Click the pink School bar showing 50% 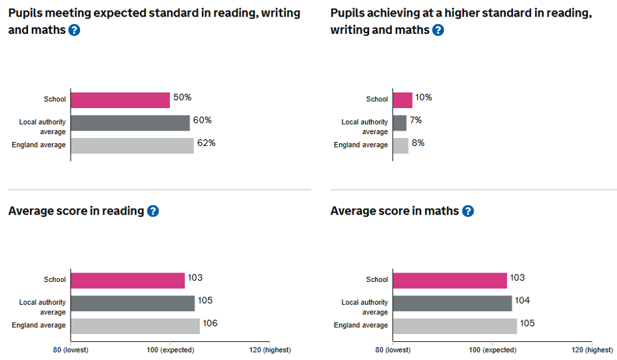coord(120,100)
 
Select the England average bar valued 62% coord(132,145)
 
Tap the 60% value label coord(203,121)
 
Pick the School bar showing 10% coord(402,100)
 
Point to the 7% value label coord(416,121)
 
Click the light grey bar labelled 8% coord(400,145)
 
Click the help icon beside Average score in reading coord(153,211)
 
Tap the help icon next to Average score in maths coord(468,211)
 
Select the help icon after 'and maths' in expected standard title coord(74,30)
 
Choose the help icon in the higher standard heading coord(438,30)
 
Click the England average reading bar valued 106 coord(135,326)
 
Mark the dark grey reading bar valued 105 coord(133,303)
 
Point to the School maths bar coord(450,281)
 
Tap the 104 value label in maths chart coord(522,301)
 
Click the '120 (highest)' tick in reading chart coord(269,350)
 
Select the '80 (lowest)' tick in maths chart coord(392,350)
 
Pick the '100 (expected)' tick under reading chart coord(170,350)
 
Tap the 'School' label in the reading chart coord(55,280)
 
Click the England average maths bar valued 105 coord(454,326)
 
